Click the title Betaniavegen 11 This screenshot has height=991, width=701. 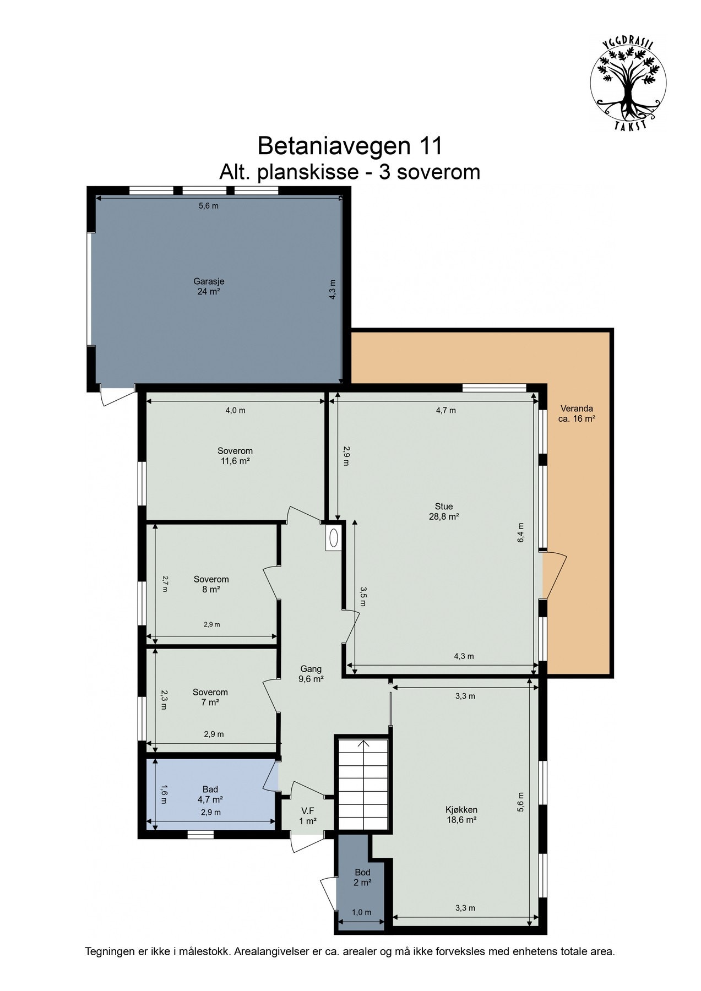click(x=350, y=146)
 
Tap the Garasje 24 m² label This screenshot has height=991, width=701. click(x=209, y=286)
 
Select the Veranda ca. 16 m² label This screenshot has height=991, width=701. click(x=577, y=413)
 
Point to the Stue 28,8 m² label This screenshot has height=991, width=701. click(x=444, y=511)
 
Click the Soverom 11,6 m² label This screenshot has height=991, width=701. click(x=235, y=456)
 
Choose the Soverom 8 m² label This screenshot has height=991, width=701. click(x=211, y=584)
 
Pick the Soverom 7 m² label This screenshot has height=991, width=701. click(x=210, y=697)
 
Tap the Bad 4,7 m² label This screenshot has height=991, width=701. click(x=210, y=794)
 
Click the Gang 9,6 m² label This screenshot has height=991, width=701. click(x=311, y=674)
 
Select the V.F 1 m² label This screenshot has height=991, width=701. click(x=308, y=816)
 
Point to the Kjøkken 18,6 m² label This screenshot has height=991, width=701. click(x=461, y=814)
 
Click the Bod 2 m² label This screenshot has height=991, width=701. click(x=362, y=877)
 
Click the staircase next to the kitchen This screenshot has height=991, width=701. click(x=363, y=782)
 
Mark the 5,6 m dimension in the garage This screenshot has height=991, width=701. click(x=209, y=206)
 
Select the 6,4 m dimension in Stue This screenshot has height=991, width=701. click(x=520, y=532)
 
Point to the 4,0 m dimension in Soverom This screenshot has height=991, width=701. click(x=235, y=410)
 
